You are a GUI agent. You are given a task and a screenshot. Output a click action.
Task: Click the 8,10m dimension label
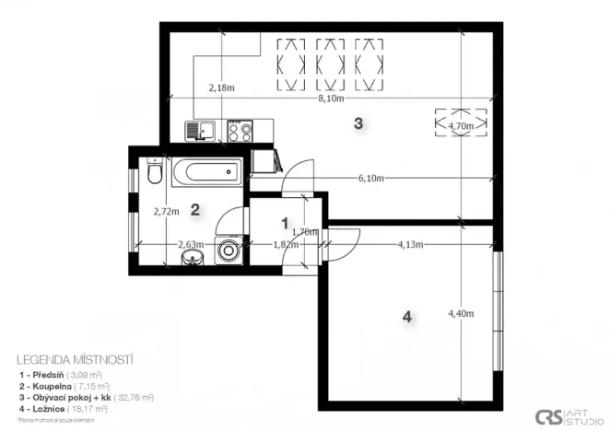point(330,98)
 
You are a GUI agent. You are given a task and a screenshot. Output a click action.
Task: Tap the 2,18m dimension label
point(221,88)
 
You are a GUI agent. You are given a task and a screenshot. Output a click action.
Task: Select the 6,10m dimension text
point(371,179)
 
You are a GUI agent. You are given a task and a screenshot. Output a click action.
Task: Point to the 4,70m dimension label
point(460,124)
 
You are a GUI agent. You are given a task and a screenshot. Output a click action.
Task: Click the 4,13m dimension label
point(410,245)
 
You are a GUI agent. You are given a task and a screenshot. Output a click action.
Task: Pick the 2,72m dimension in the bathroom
point(166,211)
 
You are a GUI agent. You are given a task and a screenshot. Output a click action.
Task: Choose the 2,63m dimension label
point(191,245)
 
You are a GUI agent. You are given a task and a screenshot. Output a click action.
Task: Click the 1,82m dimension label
point(287,245)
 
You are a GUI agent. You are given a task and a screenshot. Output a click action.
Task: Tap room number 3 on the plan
point(358,122)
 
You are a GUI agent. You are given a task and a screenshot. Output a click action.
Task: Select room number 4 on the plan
point(406,318)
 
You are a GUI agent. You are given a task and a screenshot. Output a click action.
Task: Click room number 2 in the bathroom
point(195,209)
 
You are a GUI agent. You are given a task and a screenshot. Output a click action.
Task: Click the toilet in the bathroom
point(153,171)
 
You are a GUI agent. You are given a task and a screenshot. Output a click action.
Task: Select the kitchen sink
point(199,131)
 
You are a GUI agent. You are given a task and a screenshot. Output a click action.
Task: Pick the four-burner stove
point(241,131)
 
